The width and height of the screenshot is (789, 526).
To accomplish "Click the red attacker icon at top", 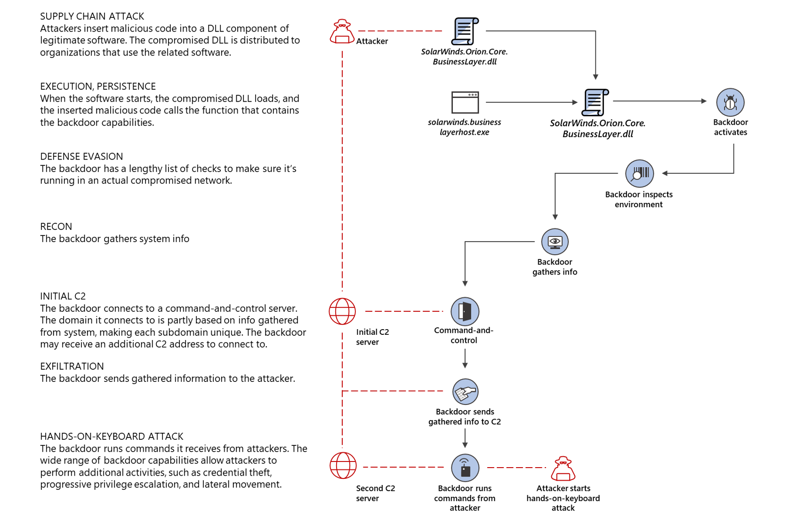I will (342, 32).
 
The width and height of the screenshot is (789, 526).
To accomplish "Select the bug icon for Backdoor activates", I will (730, 102).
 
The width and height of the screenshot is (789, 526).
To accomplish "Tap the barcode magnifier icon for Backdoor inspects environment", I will (639, 173).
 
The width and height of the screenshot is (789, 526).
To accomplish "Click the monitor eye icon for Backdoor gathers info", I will (555, 242).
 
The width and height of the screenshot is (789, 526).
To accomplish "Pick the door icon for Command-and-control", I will (465, 311).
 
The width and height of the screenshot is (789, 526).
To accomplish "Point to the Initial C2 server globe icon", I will (342, 311).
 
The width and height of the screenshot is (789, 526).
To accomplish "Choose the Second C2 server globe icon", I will (343, 466).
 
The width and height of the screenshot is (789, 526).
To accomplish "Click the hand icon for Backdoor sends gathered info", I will (465, 391).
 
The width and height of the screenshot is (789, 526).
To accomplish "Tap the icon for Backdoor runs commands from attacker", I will (465, 468).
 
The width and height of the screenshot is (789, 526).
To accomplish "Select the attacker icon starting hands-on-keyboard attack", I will (563, 468).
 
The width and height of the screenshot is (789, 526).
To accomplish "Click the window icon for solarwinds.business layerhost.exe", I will (465, 102).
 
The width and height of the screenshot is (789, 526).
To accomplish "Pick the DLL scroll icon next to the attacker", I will (465, 31).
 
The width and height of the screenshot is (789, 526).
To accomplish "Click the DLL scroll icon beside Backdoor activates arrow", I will (595, 102).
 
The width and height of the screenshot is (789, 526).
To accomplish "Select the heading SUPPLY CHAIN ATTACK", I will (92, 16).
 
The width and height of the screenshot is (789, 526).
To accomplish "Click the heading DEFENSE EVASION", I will (81, 156).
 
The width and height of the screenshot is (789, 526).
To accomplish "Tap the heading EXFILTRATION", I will (72, 366).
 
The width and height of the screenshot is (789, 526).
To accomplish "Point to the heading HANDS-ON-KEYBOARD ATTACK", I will (112, 437).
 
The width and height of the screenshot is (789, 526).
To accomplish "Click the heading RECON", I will (56, 227).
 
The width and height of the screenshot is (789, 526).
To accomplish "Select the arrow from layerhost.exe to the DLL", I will (531, 102).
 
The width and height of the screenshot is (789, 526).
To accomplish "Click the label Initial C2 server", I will (372, 337).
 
